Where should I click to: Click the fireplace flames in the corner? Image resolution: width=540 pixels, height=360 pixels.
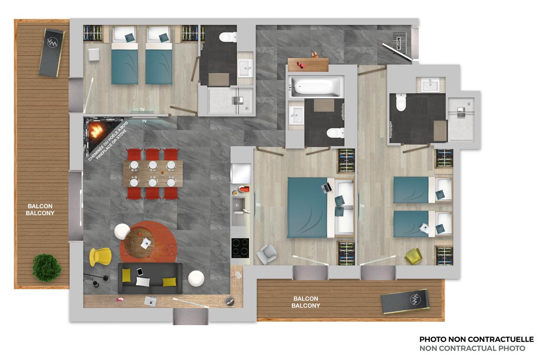point(97,131)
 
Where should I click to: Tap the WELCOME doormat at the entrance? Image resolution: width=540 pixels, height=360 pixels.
point(399,43)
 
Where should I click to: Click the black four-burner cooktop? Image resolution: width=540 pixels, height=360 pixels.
point(240,248)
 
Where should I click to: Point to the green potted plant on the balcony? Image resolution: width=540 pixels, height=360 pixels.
point(47,268)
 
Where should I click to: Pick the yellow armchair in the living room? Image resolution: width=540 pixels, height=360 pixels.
point(100,257)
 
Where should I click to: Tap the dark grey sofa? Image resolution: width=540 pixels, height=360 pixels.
point(150,278)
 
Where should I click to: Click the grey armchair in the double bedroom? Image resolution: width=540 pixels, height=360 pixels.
point(267,254)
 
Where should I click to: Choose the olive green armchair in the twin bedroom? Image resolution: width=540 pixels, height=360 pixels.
point(413,256)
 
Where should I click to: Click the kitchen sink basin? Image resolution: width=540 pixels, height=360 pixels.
point(238,204)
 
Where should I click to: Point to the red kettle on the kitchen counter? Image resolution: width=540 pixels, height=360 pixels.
point(244,189)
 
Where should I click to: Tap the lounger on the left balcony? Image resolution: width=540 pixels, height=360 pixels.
point(51,53)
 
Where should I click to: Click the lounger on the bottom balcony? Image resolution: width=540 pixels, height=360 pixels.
point(405,301)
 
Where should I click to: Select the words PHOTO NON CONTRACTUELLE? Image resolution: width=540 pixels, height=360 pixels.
point(476,339)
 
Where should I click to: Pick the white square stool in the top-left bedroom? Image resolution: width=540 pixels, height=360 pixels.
point(94,55)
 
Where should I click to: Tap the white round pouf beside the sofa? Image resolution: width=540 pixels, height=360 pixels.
point(196,279)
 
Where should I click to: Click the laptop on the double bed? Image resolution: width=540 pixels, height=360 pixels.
point(326,188)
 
